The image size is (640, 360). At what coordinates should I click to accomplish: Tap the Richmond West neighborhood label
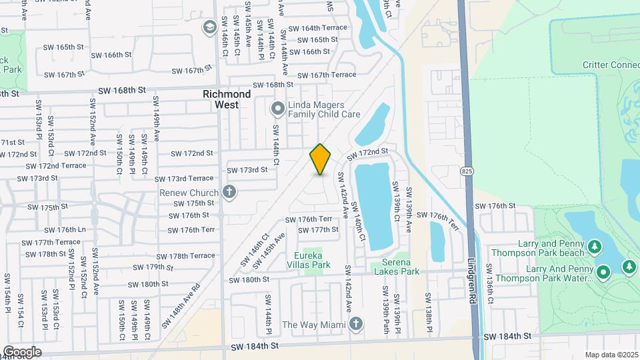[227, 99]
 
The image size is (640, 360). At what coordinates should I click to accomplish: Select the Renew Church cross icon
[229, 193]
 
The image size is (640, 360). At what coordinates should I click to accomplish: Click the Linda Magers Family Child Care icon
[277, 108]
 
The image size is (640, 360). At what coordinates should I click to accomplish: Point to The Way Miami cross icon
[356, 324]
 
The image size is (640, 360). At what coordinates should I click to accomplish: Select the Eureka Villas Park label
[313, 260]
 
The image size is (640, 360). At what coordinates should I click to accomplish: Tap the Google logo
[22, 351]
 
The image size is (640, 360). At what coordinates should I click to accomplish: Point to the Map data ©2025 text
[611, 355]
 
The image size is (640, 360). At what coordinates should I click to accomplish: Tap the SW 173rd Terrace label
[184, 179]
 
